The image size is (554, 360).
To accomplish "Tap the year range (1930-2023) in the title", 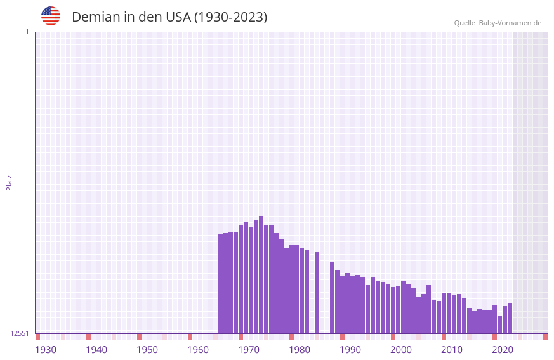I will (x=231, y=17).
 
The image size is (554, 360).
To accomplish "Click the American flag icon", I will (x=51, y=16).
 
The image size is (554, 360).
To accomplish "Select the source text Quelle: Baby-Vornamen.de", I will (x=498, y=23).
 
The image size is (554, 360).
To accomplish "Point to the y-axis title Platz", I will (x=9, y=182).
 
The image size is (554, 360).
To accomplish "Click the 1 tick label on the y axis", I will (x=27, y=32).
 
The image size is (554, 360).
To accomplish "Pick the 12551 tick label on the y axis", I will (x=20, y=333).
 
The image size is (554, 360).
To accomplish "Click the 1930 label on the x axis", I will (x=46, y=350).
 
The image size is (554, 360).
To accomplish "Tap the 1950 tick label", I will (x=147, y=350).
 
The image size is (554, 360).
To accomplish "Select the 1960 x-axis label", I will (x=198, y=350).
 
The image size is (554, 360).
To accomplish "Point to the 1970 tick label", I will (x=249, y=350).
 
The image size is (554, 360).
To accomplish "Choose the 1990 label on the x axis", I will (x=350, y=350).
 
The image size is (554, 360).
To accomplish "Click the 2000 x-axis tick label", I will (x=401, y=350).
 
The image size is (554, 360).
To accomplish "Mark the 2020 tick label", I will (x=503, y=350).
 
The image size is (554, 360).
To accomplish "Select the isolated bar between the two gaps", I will (x=317, y=293).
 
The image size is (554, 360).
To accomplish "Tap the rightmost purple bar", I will (x=510, y=318).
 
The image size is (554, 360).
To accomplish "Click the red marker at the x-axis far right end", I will (x=545, y=337).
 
